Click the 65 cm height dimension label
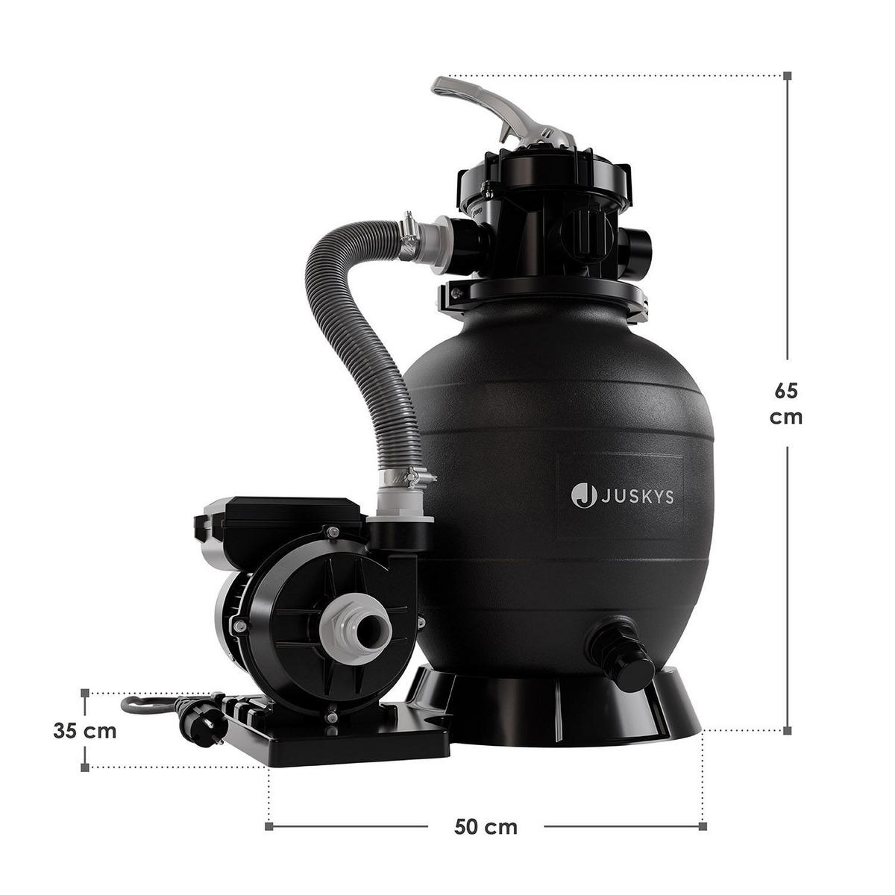(786, 403)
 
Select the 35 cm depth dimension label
(85, 730)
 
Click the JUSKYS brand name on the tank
(636, 495)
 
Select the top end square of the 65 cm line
(787, 75)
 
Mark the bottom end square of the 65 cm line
(787, 730)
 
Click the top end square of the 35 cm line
(85, 693)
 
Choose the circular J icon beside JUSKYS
(583, 495)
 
